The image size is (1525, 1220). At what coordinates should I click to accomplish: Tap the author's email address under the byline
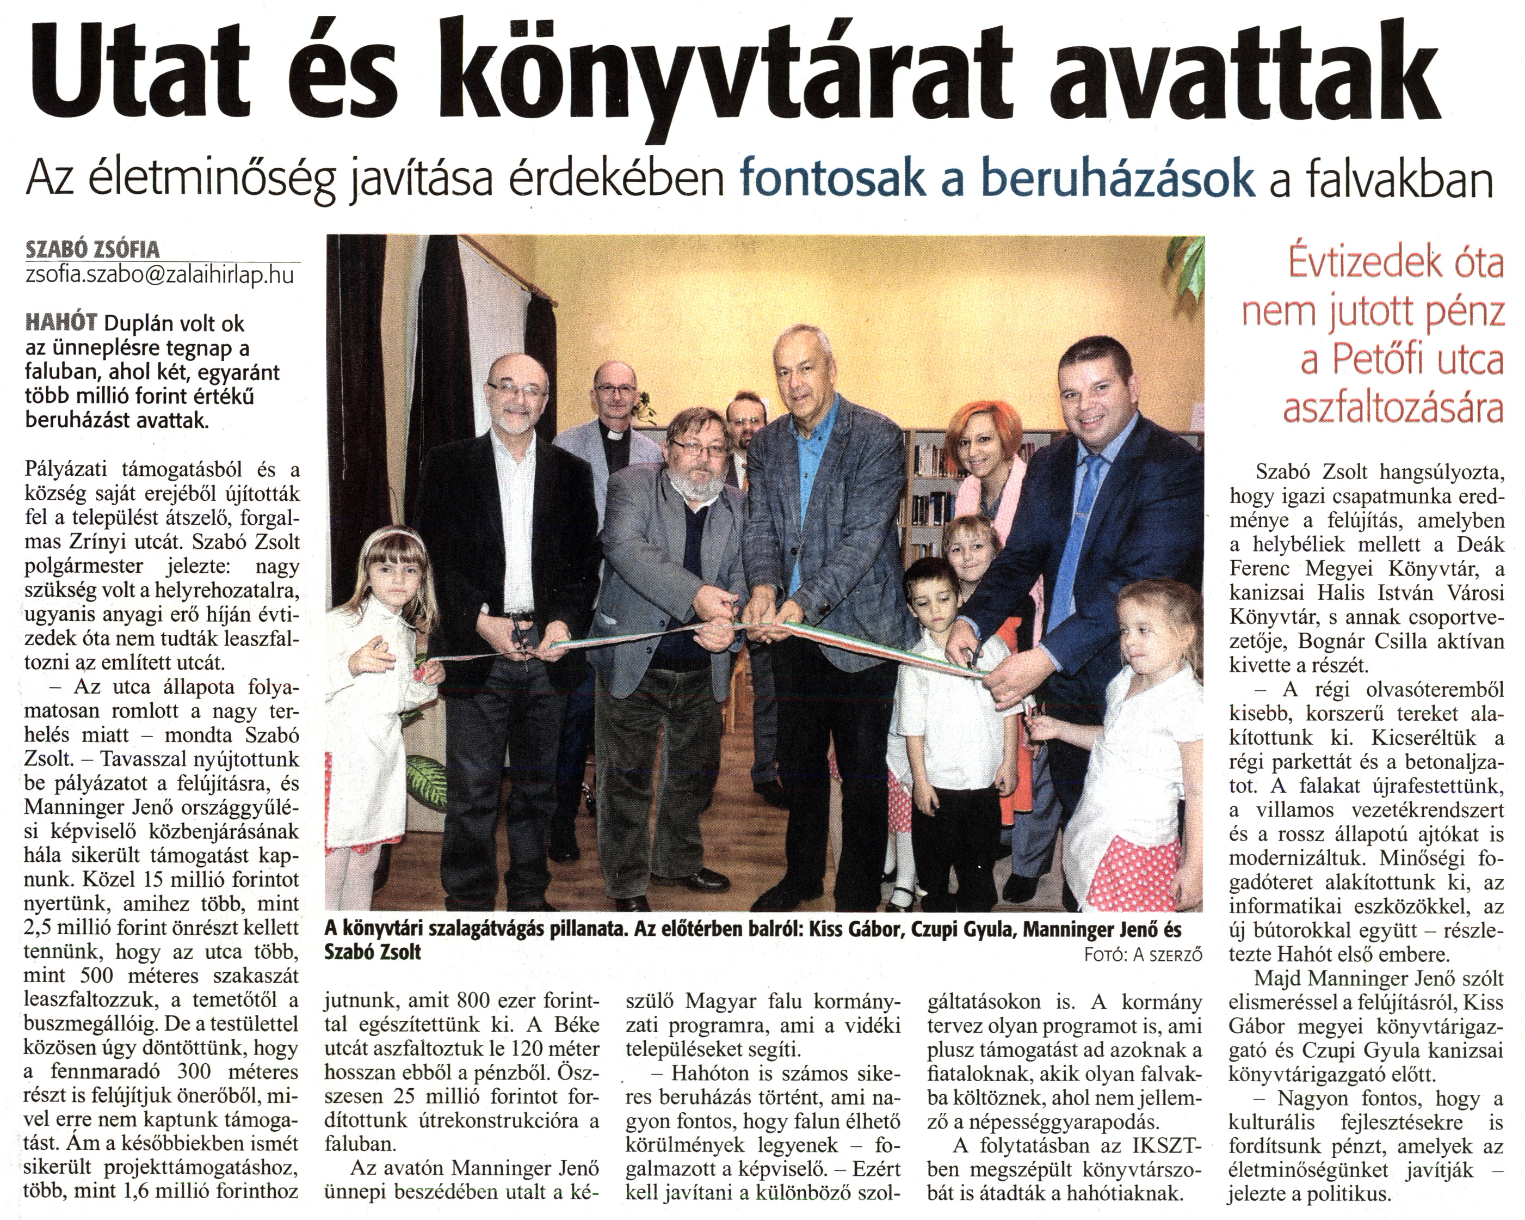(x=159, y=274)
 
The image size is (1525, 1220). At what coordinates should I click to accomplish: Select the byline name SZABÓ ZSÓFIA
(x=92, y=249)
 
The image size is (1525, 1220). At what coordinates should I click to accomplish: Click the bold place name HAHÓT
(x=61, y=323)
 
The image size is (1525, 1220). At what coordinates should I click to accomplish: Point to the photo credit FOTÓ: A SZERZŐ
(x=1143, y=955)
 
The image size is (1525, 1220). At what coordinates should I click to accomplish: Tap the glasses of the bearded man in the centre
(x=698, y=446)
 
